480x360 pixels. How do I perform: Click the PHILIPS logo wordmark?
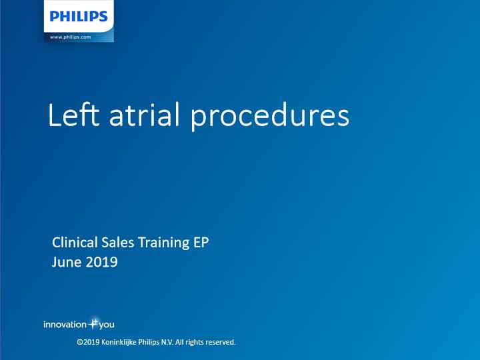coord(79,16)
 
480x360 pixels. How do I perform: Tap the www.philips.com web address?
coord(71,37)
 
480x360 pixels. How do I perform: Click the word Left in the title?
coord(74,115)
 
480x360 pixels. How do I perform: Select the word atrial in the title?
coord(144,115)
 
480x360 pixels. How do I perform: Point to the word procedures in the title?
coord(270,117)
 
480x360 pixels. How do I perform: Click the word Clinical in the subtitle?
coord(75,242)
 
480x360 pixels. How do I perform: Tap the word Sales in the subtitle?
coord(118,242)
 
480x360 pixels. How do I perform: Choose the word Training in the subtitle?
coord(164,243)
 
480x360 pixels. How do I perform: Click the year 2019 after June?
coord(101,262)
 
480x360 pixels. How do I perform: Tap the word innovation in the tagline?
coord(65,325)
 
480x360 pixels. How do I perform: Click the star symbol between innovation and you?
coord(93,323)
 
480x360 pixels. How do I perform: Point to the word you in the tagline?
coord(107,325)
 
